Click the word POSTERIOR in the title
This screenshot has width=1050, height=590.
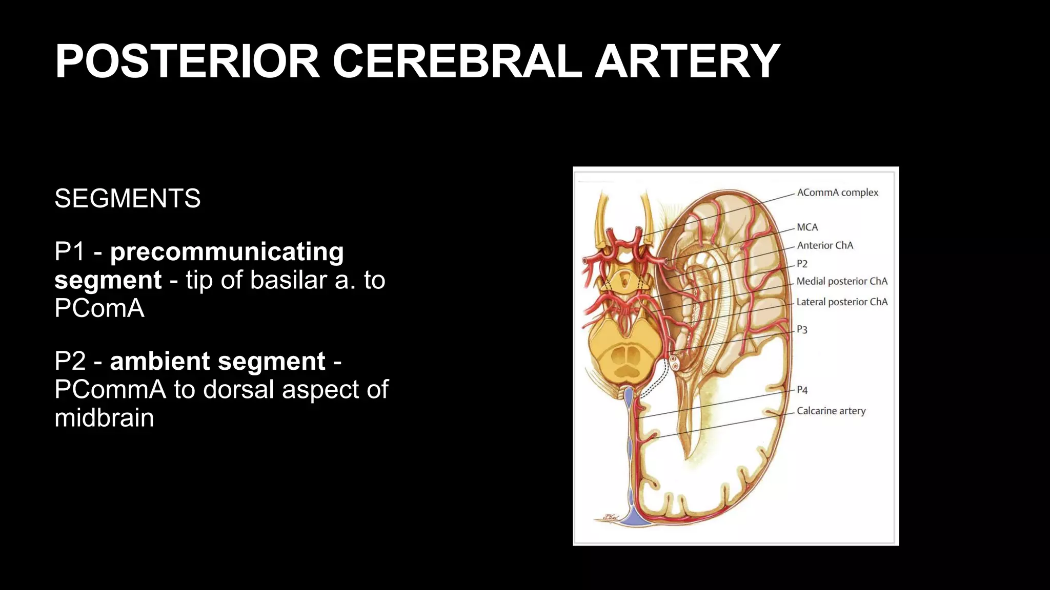[188, 61]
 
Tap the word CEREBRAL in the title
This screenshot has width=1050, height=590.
[457, 61]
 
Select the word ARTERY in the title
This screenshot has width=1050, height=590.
[687, 61]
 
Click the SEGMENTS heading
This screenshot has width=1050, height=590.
[128, 199]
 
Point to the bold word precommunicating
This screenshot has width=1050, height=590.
[227, 252]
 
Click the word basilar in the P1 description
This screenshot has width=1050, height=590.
[289, 280]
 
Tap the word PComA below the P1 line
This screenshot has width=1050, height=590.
[99, 308]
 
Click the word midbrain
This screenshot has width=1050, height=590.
[104, 418]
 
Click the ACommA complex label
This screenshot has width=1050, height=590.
[837, 193]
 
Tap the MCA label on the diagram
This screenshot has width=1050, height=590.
[807, 227]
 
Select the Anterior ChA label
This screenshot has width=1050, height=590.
[825, 245]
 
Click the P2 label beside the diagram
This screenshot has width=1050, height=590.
[802, 264]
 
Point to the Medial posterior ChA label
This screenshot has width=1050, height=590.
[842, 281]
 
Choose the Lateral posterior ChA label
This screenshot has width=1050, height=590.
[842, 302]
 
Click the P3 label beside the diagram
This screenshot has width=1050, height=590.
[802, 330]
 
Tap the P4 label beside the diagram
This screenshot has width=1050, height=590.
[802, 390]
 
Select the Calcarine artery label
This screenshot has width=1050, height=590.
[831, 411]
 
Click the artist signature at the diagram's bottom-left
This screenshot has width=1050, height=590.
[611, 518]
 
